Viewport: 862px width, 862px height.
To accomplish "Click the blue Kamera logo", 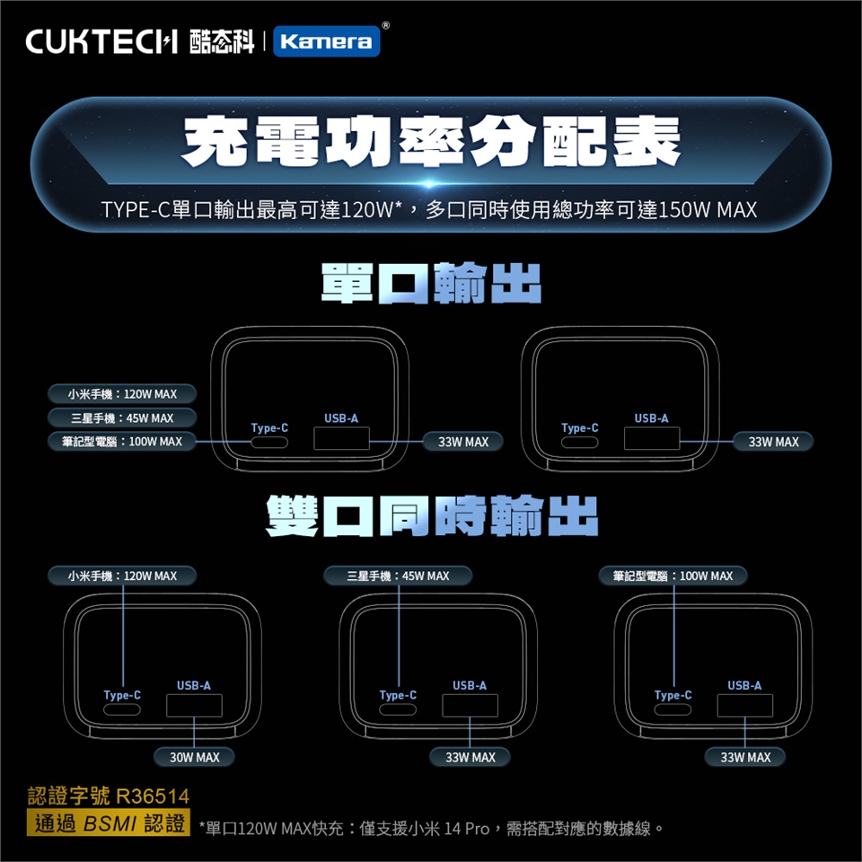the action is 327,41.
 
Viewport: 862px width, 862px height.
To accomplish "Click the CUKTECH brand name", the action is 101,42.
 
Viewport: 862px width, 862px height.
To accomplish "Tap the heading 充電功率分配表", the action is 431,141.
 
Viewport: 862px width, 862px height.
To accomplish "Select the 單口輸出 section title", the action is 431,283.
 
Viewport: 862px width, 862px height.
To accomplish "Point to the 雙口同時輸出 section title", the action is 432,515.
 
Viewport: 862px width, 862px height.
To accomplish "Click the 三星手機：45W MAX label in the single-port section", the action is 122,418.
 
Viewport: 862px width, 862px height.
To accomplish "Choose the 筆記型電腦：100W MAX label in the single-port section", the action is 122,442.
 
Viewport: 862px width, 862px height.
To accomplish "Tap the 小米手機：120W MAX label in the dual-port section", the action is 122,576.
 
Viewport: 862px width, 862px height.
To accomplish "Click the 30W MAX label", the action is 195,757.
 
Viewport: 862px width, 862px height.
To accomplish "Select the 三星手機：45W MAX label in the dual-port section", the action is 398,576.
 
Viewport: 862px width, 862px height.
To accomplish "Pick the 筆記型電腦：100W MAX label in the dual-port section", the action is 673,576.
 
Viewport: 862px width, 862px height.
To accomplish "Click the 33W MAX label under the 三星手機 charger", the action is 470,757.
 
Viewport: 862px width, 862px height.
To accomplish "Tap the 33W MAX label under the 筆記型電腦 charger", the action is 745,757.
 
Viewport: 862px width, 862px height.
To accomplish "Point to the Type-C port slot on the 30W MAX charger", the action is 122,709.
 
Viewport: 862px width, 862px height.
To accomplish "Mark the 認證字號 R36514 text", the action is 109,796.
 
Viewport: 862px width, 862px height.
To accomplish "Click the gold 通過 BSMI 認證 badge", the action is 109,822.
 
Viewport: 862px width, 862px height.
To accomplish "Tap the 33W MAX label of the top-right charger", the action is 773,442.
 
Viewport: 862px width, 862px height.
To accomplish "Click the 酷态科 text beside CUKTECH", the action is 222,42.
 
